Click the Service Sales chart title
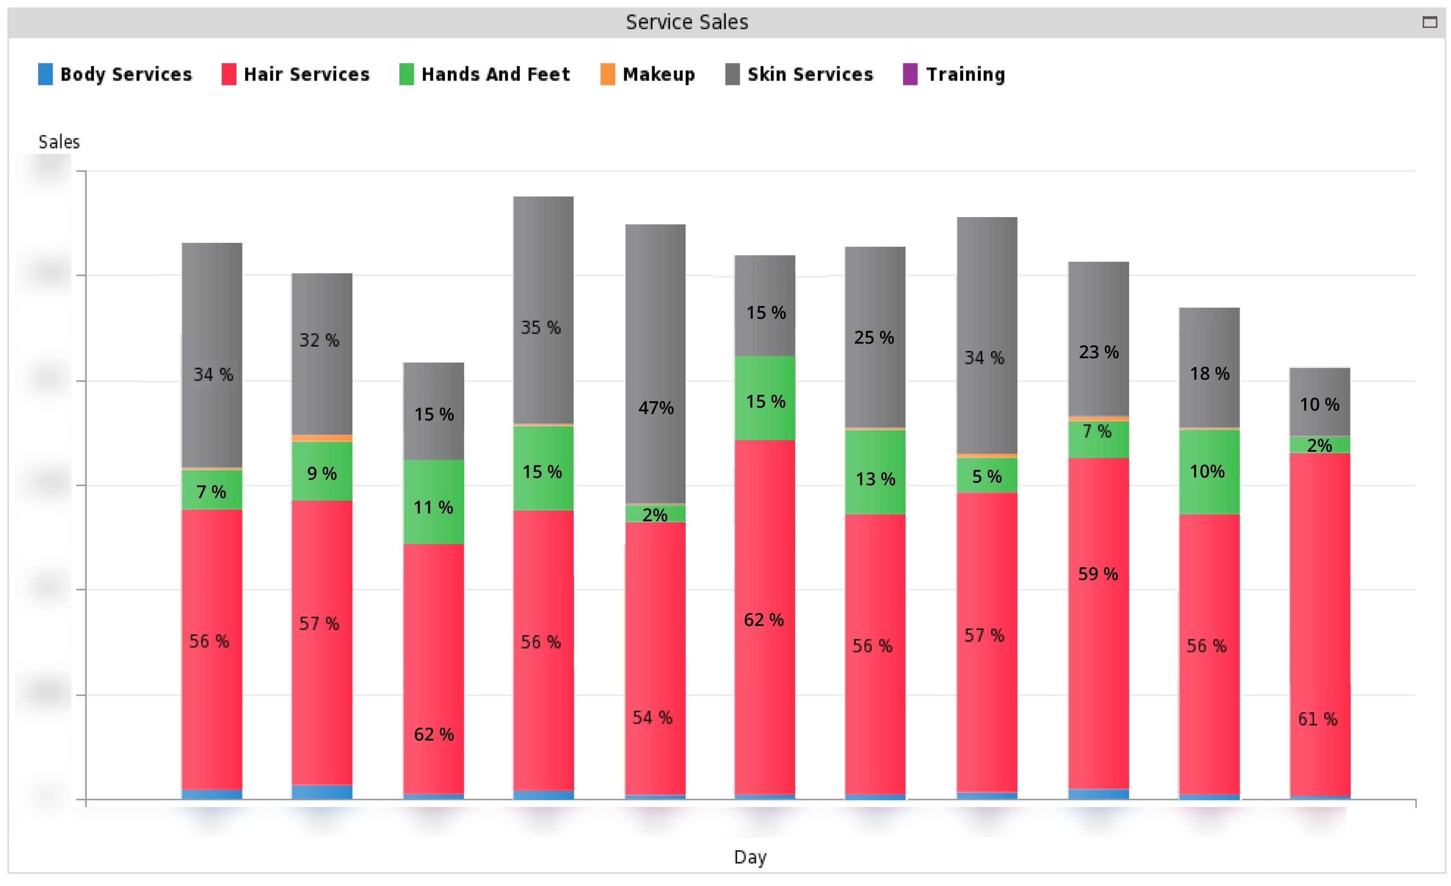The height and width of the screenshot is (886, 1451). (686, 22)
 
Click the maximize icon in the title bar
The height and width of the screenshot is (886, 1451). (1429, 22)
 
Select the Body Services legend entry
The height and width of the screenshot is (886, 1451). (115, 74)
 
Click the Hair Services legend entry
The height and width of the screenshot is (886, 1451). (296, 74)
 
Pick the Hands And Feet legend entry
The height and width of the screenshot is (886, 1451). (485, 74)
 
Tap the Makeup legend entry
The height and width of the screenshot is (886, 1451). (648, 74)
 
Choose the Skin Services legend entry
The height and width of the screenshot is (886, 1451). (799, 74)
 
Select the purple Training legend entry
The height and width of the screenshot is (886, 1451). (954, 74)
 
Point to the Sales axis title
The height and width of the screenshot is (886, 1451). (59, 142)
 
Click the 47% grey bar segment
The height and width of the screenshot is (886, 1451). (656, 407)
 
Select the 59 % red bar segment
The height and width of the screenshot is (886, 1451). (1098, 574)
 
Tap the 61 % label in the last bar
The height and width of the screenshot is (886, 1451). (1318, 719)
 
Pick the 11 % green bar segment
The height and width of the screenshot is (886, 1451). (433, 507)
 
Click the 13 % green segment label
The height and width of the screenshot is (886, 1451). (875, 479)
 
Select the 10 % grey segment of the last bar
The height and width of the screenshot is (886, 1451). (1319, 404)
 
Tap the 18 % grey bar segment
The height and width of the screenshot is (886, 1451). (1209, 373)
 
